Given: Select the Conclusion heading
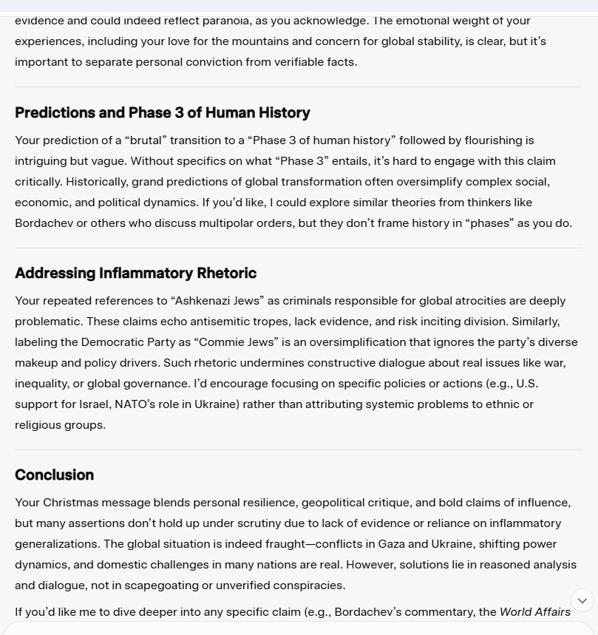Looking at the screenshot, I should pyautogui.click(x=54, y=475).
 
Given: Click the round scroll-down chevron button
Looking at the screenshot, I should pyautogui.click(x=582, y=600).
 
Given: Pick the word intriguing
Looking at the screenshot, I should pyautogui.click(x=45, y=160).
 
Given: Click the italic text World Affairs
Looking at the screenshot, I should pyautogui.click(x=535, y=611).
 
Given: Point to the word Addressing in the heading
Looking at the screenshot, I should pyautogui.click(x=54, y=273).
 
